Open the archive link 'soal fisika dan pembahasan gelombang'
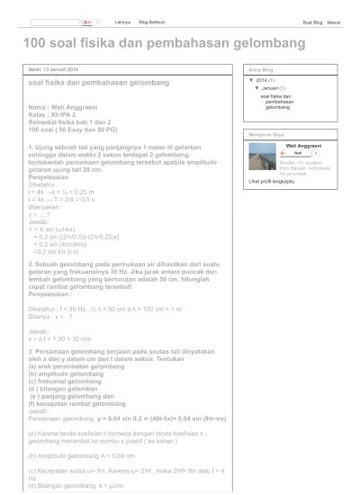[283, 103]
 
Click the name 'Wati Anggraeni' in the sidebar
[304, 144]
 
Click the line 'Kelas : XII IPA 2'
[56, 116]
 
